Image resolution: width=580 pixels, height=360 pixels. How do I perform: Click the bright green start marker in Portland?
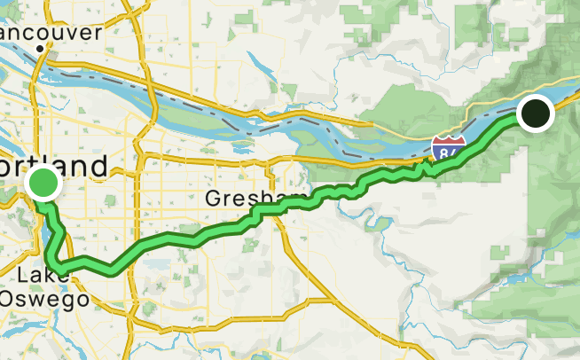coord(43,184)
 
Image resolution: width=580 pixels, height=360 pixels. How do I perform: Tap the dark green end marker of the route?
coord(535,113)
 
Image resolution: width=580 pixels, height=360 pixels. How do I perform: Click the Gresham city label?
coord(255,198)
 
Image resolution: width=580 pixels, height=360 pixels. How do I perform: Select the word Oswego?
coord(44,299)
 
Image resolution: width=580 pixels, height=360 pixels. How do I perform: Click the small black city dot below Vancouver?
coord(40,49)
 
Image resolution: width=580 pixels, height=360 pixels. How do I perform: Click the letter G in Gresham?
coord(213,198)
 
